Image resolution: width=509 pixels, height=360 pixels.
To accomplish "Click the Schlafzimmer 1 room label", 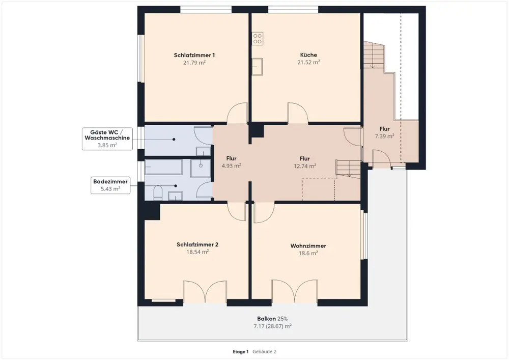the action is pos(194,55).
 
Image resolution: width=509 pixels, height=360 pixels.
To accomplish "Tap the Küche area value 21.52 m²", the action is pos(309,62).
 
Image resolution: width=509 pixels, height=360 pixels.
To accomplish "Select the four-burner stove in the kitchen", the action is pos(258,39).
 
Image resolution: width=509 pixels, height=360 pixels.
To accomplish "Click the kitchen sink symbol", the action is pos(258,67).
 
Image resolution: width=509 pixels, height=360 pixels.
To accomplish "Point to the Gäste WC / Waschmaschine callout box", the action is pos(107,139).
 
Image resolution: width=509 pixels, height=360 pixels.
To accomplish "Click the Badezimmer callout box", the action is pos(110,185).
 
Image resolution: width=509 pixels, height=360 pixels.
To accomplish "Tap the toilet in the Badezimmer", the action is pos(158,192).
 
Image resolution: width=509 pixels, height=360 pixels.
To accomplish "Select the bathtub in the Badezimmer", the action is pos(163,168).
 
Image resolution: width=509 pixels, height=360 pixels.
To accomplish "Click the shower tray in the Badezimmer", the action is pos(201,168).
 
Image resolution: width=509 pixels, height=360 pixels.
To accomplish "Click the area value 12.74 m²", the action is pos(305,166).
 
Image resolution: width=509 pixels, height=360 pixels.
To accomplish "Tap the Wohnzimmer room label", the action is pos(308,246).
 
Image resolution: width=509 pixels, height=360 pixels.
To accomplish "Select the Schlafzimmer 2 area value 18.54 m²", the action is pos(197,252).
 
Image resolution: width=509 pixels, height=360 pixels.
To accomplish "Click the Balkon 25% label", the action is pos(272,319).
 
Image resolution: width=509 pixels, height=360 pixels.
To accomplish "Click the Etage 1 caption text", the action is pos(241,351).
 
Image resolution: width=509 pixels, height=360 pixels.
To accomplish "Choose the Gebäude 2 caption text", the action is pos(264,351).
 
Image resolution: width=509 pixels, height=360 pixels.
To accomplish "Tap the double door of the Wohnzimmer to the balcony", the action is pos(294,291).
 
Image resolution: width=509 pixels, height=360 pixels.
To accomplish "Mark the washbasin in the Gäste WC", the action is pos(203,151).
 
